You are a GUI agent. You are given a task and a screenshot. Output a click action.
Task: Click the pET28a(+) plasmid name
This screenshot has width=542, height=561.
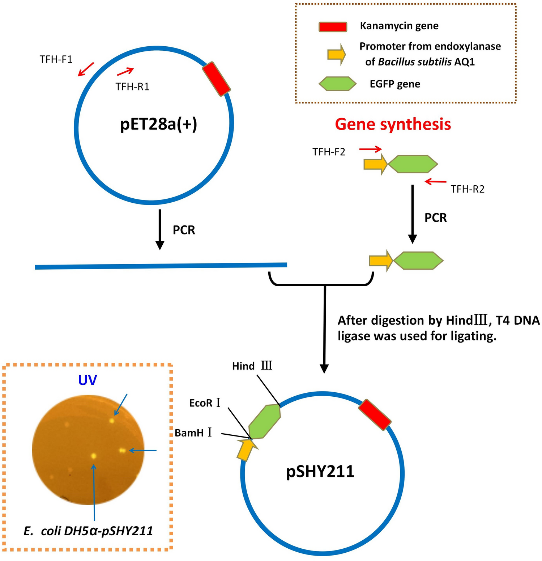click(x=158, y=125)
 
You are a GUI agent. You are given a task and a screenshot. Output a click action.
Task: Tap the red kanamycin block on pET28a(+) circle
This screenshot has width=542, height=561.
click(x=216, y=79)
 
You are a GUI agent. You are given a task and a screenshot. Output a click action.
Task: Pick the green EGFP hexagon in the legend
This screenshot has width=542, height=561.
click(x=337, y=84)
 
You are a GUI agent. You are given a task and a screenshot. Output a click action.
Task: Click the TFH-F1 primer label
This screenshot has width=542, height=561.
click(x=56, y=59)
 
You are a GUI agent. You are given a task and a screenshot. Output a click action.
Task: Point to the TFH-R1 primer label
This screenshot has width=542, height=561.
click(x=132, y=87)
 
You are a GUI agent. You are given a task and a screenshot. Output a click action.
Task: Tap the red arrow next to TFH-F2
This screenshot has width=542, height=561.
click(x=370, y=149)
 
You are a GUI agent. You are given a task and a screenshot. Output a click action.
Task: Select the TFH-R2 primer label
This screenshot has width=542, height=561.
click(x=467, y=189)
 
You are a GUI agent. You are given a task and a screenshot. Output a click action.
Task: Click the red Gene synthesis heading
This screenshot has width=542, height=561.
click(x=393, y=124)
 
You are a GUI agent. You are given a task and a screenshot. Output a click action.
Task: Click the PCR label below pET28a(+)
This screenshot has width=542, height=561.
click(x=184, y=230)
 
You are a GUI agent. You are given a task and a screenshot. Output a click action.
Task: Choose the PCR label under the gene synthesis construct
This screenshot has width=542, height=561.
click(x=435, y=218)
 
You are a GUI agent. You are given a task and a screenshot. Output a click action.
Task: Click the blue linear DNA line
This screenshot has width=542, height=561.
click(x=161, y=266)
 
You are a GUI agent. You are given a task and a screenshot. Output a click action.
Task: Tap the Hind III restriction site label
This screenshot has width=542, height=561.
click(x=252, y=366)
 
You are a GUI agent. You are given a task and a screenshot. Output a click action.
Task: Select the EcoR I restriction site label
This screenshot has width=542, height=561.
click(x=205, y=403)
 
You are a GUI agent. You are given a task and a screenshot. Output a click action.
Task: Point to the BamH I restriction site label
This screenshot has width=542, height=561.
click(x=193, y=433)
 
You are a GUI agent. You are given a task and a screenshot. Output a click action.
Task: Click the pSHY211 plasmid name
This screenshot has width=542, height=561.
click(x=320, y=472)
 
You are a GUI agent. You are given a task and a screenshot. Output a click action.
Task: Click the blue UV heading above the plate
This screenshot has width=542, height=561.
click(x=88, y=380)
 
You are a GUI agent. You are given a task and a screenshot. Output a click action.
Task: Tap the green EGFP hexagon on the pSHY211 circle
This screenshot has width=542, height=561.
click(x=265, y=422)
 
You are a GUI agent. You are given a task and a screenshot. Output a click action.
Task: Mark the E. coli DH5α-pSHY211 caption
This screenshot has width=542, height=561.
click(x=88, y=531)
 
